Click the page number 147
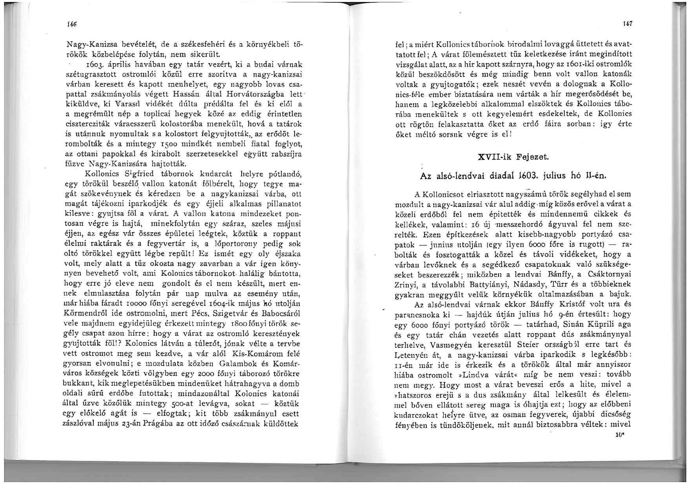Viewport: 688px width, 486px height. tap(626, 24)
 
